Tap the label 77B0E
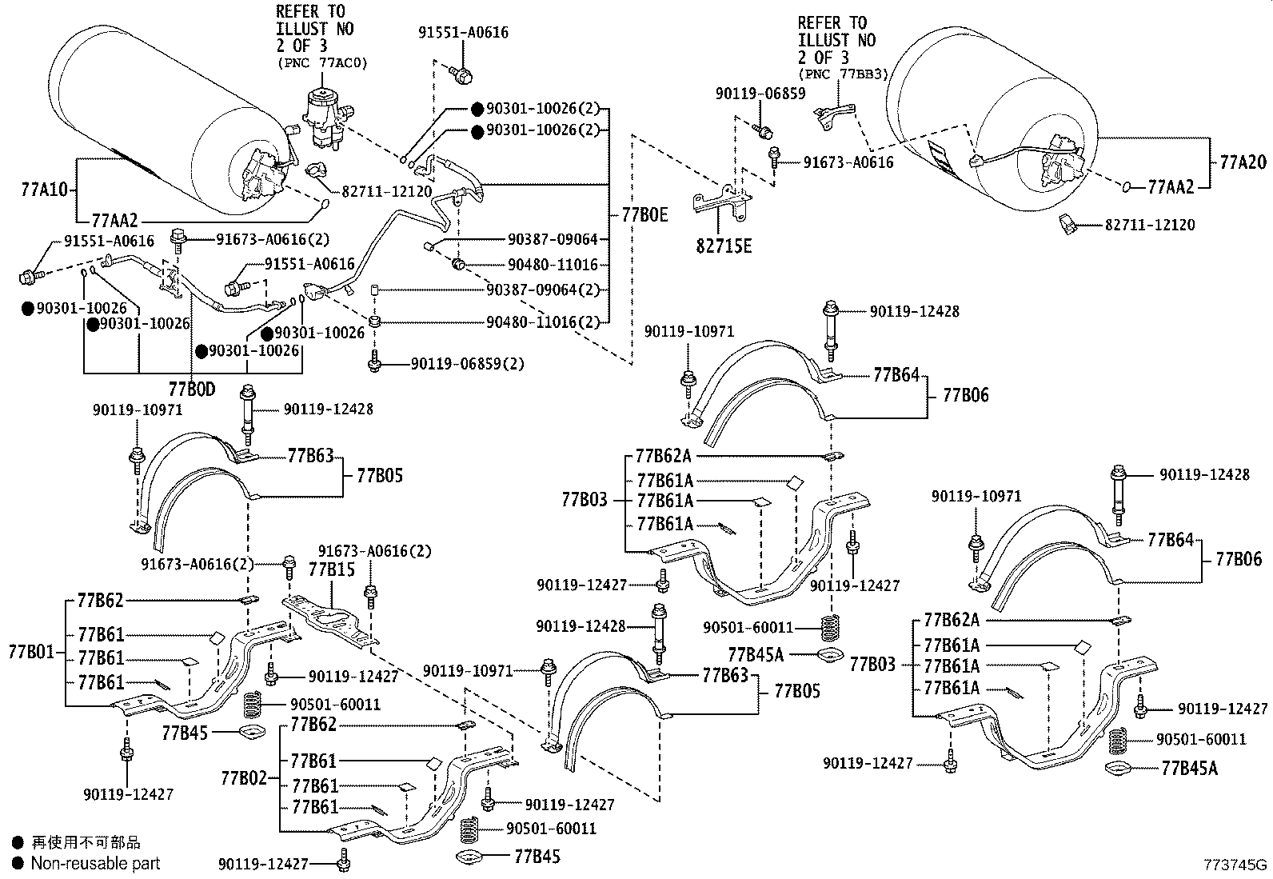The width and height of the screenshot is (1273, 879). pyautogui.click(x=644, y=215)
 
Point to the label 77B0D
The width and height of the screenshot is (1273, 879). pyautogui.click(x=192, y=390)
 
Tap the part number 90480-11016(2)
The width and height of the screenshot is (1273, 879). pyautogui.click(x=543, y=322)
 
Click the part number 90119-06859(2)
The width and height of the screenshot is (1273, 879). pyautogui.click(x=468, y=364)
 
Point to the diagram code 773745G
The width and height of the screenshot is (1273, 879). pyautogui.click(x=1236, y=865)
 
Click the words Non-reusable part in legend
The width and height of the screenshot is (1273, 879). pyautogui.click(x=95, y=863)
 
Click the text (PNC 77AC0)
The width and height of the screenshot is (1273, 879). pyautogui.click(x=322, y=63)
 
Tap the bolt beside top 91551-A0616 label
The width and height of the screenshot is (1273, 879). pyautogui.click(x=462, y=74)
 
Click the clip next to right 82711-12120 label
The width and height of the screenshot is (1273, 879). pyautogui.click(x=1067, y=225)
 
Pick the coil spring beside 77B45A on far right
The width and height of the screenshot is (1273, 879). pyautogui.click(x=1116, y=741)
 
